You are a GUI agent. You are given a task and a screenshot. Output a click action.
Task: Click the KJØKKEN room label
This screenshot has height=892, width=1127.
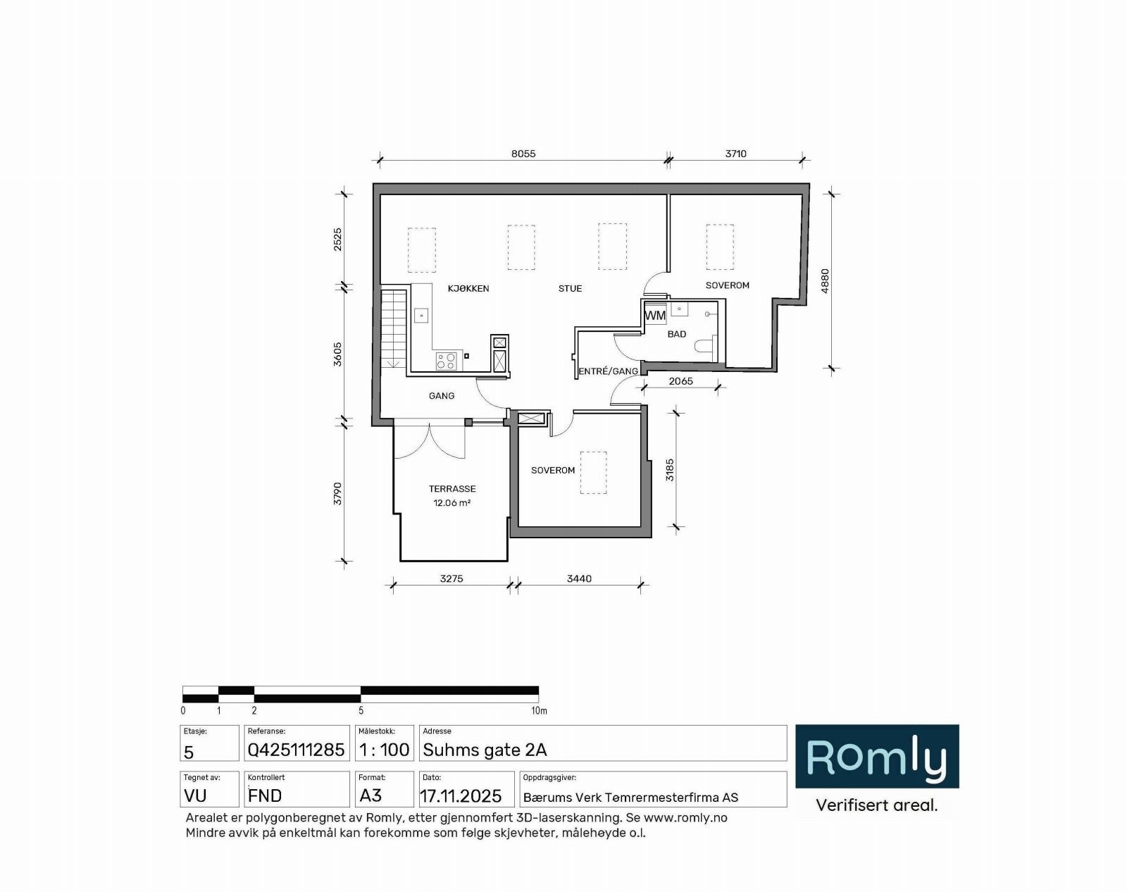468,288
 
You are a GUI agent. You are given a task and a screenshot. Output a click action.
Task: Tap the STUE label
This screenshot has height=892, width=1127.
570,288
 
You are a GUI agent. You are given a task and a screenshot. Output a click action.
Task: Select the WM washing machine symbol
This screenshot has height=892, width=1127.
655,315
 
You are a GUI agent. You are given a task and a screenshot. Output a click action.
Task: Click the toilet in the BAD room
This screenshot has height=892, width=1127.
704,347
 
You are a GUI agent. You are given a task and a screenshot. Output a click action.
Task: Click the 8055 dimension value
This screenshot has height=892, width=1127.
523,154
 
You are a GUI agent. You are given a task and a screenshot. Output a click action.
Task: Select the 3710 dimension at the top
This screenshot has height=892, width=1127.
735,154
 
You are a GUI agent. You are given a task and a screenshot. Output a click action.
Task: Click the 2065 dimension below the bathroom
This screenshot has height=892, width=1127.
680,381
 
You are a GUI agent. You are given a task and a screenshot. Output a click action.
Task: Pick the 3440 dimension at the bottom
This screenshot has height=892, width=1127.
579,578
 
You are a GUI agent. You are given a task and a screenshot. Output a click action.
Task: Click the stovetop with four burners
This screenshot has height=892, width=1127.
446,361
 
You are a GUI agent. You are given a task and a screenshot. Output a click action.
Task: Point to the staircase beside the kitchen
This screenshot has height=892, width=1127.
394,328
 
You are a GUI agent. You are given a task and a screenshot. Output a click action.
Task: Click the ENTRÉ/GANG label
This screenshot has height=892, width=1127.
608,371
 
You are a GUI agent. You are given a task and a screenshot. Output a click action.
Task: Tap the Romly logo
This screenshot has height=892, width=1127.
877,757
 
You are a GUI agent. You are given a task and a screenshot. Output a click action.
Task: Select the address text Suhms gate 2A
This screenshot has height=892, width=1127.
485,750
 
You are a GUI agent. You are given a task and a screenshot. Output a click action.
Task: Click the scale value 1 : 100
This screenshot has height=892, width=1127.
384,750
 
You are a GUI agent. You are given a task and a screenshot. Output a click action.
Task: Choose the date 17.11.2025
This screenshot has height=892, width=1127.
461,796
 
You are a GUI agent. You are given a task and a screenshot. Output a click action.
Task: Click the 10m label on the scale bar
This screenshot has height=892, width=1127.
539,711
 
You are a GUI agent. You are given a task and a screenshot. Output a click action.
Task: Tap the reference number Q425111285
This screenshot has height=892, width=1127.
296,750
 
